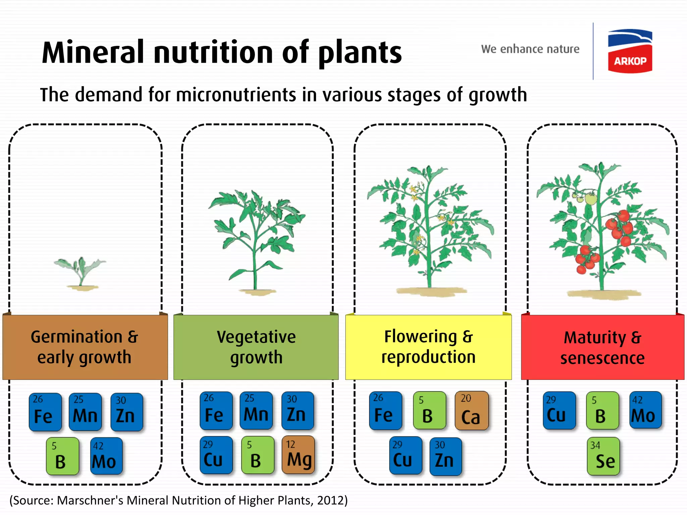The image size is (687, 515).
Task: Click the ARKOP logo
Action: pos(630,51)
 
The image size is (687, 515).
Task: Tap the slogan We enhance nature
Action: pos(530,49)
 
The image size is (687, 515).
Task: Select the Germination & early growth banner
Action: pos(85,347)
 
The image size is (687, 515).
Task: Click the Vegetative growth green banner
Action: pos(256,347)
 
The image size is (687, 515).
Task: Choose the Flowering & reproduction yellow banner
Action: pos(428,347)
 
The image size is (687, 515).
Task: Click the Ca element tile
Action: pos(471,411)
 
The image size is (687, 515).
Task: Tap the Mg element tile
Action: pos(298,455)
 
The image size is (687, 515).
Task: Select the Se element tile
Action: pos(603,456)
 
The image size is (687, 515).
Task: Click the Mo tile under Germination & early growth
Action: pos(106,456)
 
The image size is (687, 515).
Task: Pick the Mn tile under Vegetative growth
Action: pos(256,411)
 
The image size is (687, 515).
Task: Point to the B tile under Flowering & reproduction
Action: pos(429,411)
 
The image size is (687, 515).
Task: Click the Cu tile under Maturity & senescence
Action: pos(559,411)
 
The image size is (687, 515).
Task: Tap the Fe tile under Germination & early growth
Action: pos(45,412)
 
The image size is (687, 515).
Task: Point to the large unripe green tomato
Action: pos(591,198)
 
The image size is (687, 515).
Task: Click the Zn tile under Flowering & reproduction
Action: pos(445,456)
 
